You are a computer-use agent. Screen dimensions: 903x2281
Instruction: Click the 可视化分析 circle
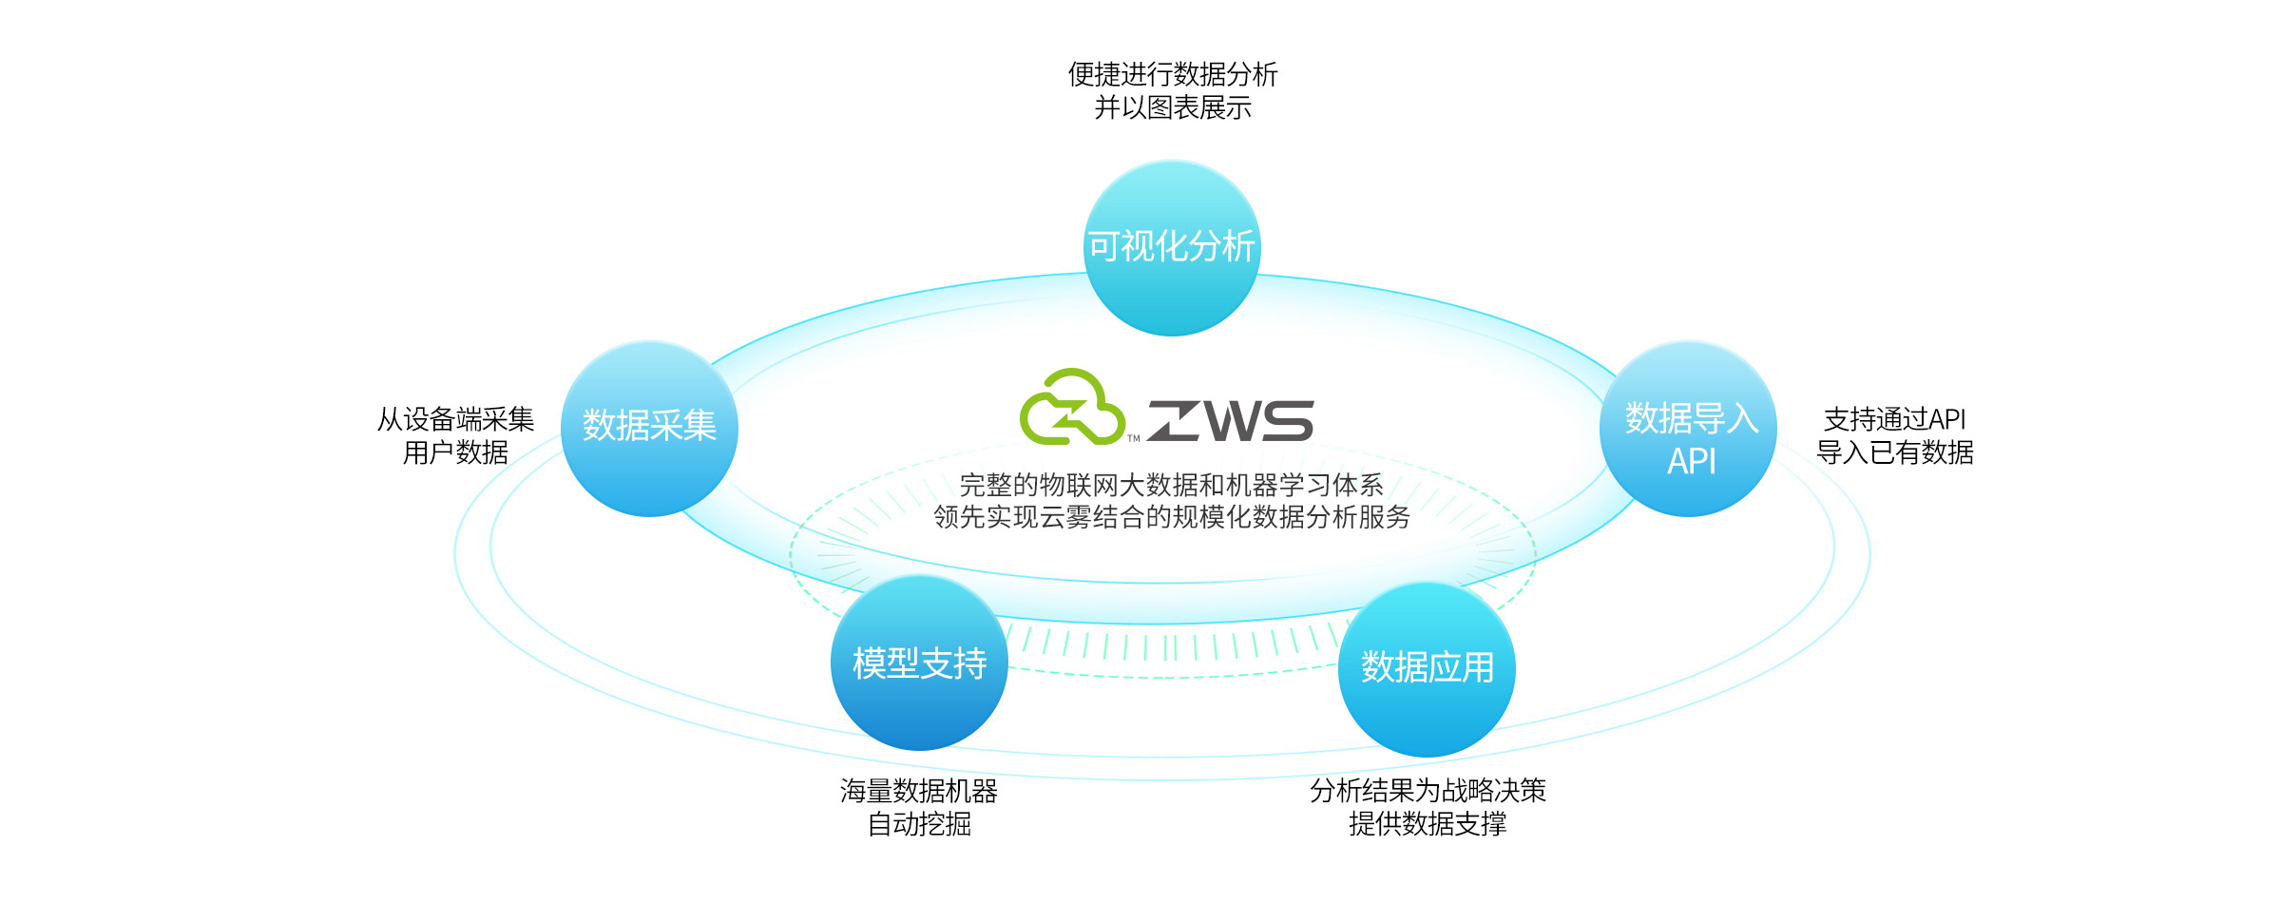[x=1172, y=247]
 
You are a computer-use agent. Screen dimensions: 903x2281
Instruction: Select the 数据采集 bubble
[x=649, y=428]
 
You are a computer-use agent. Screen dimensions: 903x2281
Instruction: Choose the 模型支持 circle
[x=919, y=663]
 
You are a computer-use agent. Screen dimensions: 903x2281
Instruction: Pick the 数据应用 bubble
[x=1427, y=668]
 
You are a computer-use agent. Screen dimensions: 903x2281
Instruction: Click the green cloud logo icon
[x=1072, y=408]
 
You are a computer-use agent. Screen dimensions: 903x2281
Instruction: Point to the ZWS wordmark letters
[x=1231, y=421]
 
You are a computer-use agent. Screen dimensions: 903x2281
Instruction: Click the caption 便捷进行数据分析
[x=1172, y=74]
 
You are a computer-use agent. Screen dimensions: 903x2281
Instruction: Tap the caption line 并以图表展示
[x=1172, y=108]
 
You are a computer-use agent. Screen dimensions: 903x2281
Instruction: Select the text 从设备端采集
[x=455, y=419]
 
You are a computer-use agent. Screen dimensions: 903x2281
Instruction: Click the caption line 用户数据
[x=455, y=452]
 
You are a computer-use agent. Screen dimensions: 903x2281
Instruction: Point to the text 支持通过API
[x=1894, y=419]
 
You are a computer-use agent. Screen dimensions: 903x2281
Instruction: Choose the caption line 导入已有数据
[x=1894, y=452]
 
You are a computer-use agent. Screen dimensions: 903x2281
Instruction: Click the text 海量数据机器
[x=919, y=790]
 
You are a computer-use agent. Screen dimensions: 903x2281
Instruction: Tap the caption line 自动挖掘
[x=919, y=823]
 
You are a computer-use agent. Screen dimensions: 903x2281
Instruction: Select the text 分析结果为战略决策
[x=1428, y=790]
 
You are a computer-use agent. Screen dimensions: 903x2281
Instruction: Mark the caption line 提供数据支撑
[x=1428, y=823]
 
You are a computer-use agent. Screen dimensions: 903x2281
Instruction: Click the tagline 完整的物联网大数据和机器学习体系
[x=1171, y=486]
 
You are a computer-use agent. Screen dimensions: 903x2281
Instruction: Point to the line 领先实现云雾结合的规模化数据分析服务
[x=1171, y=517]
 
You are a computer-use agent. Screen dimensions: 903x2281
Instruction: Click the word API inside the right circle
[x=1692, y=462]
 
